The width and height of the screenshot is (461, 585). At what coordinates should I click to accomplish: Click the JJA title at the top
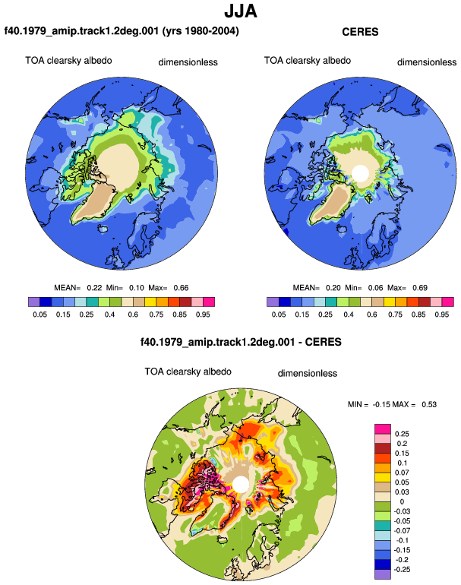pos(241,11)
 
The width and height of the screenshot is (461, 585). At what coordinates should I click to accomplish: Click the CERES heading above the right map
pos(360,32)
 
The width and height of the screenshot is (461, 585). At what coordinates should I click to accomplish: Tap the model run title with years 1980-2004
pos(122,30)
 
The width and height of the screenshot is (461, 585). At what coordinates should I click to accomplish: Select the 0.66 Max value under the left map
pos(181,288)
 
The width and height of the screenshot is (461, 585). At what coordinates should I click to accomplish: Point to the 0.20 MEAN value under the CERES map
pos(333,288)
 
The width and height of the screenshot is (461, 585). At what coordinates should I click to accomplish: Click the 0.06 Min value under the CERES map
pos(376,288)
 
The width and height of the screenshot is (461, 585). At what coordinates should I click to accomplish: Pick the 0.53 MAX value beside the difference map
pos(429,404)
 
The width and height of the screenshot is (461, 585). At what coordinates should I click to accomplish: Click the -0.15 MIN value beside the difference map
pos(381,404)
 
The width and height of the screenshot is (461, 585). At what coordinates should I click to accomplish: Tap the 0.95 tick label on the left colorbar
pos(203,315)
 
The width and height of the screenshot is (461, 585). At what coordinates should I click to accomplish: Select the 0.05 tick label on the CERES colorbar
pos(279,315)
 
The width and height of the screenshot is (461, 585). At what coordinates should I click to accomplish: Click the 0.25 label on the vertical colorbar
pos(402,434)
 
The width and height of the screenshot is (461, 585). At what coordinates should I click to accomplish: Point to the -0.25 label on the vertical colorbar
pos(402,570)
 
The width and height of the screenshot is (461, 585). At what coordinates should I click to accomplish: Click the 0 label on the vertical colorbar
pos(402,501)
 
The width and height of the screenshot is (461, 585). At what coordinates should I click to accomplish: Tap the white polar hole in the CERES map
pos(361,173)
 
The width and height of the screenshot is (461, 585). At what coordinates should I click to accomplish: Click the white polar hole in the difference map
pos(241,485)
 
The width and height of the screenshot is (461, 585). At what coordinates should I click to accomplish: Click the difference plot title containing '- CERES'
pos(241,342)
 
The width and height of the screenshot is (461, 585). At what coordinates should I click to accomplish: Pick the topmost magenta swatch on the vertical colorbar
pos(383,429)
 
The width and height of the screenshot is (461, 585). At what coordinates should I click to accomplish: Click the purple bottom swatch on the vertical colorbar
pos(383,574)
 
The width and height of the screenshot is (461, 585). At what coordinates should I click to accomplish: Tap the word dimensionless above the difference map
pos(308,374)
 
